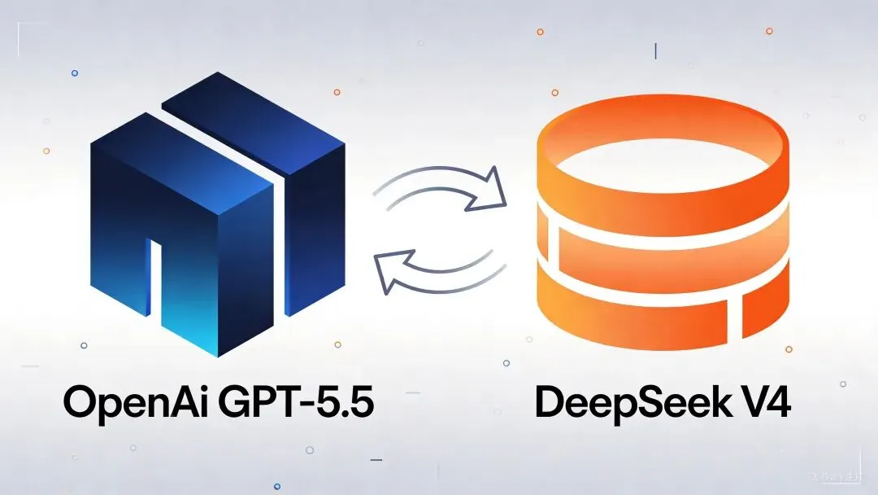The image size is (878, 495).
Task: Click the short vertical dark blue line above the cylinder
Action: tap(655, 51)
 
